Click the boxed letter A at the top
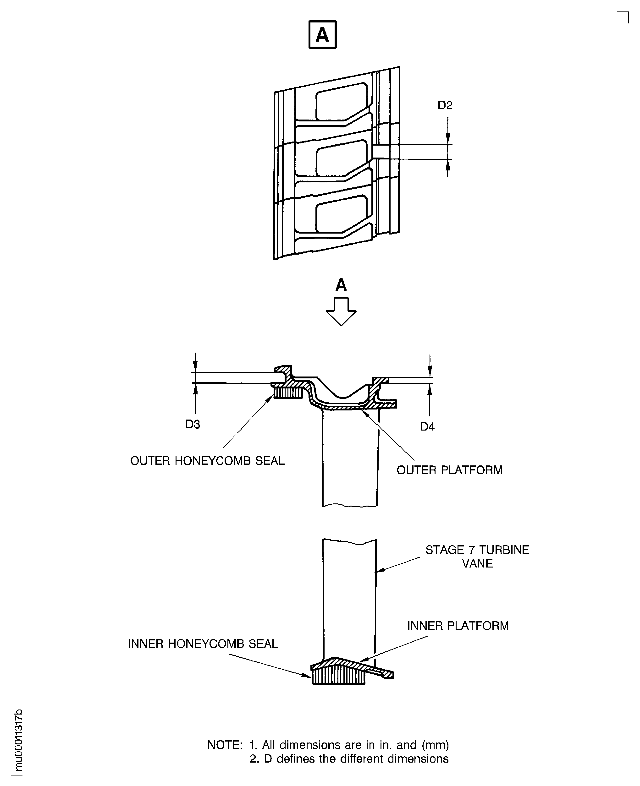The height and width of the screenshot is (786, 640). click(322, 35)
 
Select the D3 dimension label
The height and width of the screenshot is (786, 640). click(193, 425)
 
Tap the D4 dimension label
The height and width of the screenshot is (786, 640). click(427, 427)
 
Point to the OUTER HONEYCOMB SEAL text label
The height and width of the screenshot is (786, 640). click(207, 461)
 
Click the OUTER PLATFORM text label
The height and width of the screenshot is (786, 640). click(449, 470)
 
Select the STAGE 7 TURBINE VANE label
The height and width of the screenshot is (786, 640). click(477, 557)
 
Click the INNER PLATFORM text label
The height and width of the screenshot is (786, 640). click(458, 626)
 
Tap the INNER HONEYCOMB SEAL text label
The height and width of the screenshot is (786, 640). click(203, 644)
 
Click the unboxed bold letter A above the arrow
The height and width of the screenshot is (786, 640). click(341, 285)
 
